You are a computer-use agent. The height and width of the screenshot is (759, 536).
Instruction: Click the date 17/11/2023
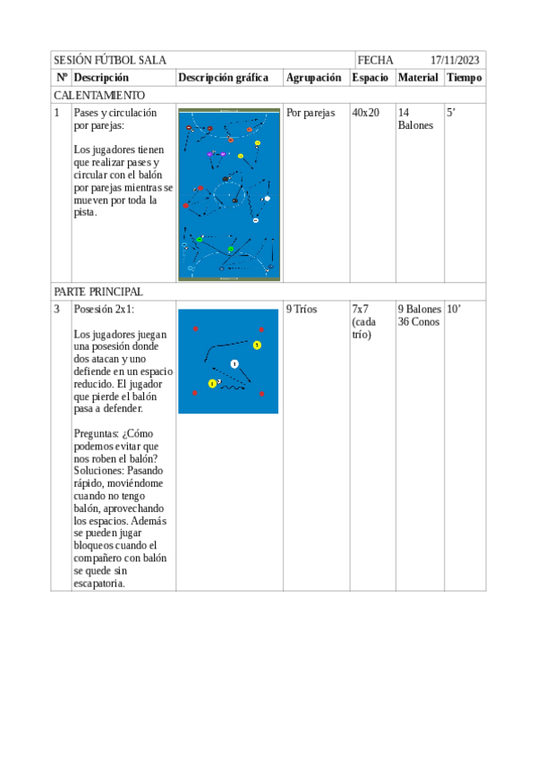coord(455,60)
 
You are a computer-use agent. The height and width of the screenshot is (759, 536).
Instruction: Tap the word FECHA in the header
coord(375,60)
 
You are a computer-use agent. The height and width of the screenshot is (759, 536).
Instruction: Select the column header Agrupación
coord(313,78)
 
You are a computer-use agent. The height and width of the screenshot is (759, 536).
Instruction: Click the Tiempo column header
coord(464,78)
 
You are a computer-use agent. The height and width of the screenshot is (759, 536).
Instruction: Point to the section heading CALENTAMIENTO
coord(98,95)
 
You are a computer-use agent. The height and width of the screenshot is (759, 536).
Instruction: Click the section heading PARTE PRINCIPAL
coord(98,292)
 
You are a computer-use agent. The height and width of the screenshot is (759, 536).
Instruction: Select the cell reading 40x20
coord(365,113)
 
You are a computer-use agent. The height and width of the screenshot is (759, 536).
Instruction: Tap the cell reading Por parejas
coord(310,113)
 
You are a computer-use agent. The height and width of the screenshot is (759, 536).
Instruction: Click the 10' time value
coord(454,309)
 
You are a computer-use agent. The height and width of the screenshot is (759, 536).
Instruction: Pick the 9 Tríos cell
coord(302,309)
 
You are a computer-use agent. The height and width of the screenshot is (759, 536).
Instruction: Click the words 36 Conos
coord(419,321)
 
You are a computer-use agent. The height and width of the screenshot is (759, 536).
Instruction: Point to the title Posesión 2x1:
coord(104,309)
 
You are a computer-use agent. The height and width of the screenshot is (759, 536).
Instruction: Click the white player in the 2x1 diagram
coord(234,363)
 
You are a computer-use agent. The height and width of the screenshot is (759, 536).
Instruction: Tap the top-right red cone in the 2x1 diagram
coord(261,329)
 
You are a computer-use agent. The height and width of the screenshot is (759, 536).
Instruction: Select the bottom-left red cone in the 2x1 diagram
coord(195,394)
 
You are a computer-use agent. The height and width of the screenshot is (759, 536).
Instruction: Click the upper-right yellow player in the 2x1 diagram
coord(257,345)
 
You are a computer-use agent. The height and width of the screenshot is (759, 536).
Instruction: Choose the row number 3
coord(57,309)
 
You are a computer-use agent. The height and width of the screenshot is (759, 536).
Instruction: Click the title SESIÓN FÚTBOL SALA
coord(109,60)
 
